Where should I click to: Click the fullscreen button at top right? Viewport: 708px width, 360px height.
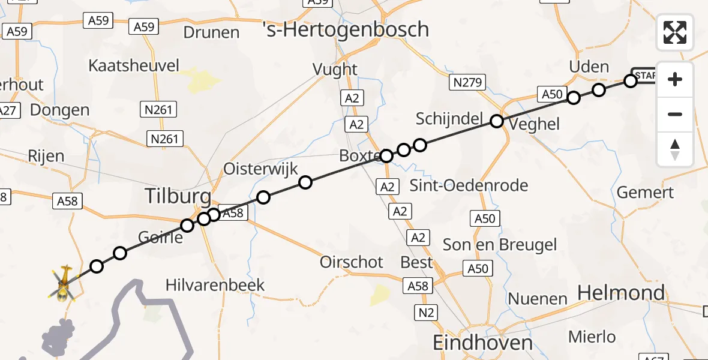point(675,32)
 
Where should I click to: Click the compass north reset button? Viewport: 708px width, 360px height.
point(675,149)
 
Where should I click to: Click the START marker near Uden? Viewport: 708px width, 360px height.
point(644,75)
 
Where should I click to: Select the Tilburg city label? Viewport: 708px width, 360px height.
point(178,196)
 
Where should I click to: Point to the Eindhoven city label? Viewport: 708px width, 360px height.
point(483,343)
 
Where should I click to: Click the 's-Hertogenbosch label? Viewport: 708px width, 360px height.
point(346,29)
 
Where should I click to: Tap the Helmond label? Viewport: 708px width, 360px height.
point(621,293)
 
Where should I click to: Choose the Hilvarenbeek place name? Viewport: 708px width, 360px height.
point(215,284)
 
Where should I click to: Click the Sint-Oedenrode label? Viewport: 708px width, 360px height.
point(469,185)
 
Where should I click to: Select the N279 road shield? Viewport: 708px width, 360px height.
point(467,83)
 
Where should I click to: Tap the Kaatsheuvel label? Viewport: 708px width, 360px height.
point(134,65)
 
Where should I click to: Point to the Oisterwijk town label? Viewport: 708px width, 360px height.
point(260,169)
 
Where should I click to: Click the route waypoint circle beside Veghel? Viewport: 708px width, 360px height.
point(497,121)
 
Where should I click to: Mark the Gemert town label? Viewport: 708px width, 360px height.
point(646,193)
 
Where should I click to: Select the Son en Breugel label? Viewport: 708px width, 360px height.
point(500,244)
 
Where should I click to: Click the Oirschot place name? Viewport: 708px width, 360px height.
point(352,262)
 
